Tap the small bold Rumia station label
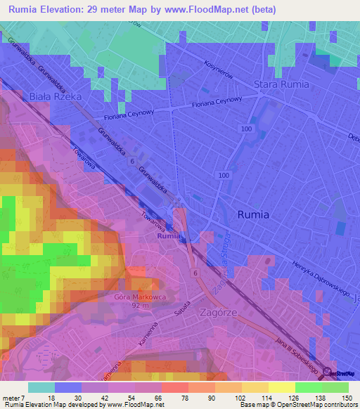[x=169, y=237]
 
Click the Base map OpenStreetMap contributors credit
[x=298, y=405]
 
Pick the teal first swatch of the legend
[x=41, y=387]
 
